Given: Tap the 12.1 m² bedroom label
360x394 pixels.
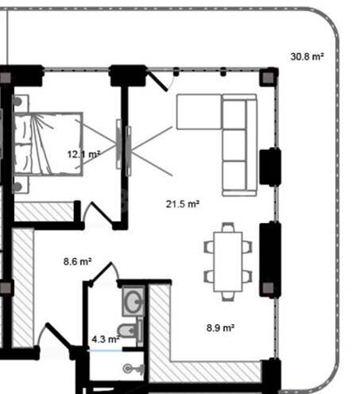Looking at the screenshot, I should click(x=83, y=154).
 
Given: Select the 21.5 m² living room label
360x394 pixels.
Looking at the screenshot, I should click(x=182, y=204).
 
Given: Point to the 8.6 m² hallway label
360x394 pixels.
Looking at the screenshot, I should click(x=77, y=261).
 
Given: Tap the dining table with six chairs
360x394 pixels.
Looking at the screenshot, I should click(x=229, y=260).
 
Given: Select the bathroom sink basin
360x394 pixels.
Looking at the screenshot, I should click(x=132, y=301).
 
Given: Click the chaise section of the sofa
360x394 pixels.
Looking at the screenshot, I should click(x=199, y=111).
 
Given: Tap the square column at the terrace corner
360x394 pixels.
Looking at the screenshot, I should click(x=269, y=77).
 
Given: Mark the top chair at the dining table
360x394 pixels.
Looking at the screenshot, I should click(x=229, y=227).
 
